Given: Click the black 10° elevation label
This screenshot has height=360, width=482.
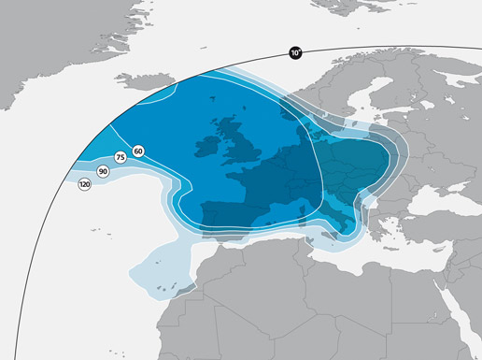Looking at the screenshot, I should click(x=296, y=53).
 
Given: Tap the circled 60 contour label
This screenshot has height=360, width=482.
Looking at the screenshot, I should click(x=138, y=151).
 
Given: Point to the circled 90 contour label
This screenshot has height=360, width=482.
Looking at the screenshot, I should click(x=102, y=172).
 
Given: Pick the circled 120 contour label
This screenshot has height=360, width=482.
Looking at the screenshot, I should click(x=85, y=185).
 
